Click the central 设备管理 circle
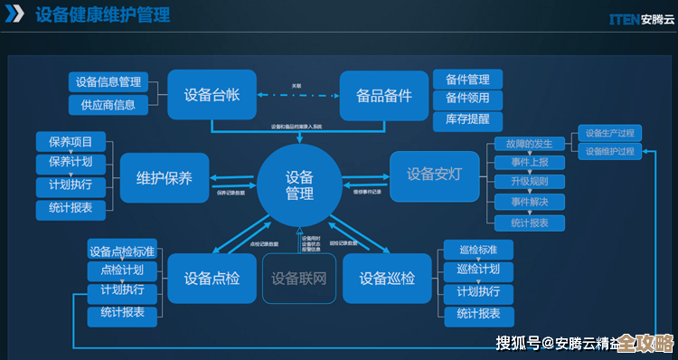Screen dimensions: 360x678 299,185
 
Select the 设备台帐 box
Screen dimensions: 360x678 212,94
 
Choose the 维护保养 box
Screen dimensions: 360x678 164,177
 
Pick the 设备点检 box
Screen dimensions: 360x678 212,278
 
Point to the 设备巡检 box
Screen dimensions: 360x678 386,278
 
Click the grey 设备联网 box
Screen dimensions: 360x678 298,278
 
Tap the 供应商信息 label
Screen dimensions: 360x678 106,105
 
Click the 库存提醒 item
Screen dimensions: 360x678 467,118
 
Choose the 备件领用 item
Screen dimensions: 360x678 467,99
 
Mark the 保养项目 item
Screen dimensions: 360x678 71,142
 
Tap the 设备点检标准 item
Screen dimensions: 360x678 122,251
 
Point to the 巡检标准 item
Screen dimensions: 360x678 478,250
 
